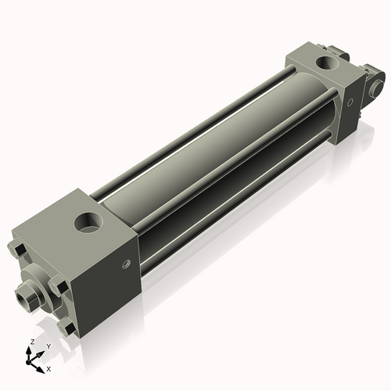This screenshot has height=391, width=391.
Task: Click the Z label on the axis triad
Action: coord(30,343)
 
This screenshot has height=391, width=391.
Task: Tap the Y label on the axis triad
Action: coord(48,346)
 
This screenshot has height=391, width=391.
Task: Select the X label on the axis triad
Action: coord(49,367)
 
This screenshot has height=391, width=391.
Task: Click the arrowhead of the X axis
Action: coord(41,364)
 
